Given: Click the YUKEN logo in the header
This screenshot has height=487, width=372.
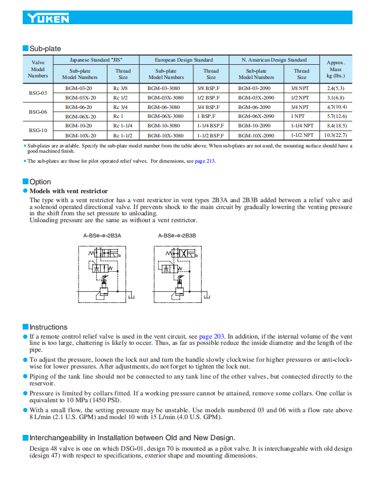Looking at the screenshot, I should [x=48, y=18].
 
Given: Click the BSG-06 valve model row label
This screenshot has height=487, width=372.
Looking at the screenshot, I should [x=37, y=112].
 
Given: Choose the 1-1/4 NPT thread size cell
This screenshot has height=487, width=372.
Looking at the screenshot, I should [x=301, y=126].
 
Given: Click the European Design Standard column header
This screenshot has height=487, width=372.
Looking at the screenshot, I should [x=183, y=60].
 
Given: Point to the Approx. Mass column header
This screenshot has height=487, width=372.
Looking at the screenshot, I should [x=336, y=69].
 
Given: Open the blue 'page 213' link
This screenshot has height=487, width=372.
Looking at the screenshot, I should [x=205, y=161].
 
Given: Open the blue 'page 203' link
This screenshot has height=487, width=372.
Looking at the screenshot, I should [x=211, y=336].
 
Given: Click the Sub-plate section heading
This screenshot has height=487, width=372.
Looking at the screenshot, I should [x=45, y=49].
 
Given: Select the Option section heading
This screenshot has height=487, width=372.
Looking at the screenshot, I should [x=40, y=182].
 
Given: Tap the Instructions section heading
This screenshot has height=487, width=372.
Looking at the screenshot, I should [x=48, y=327].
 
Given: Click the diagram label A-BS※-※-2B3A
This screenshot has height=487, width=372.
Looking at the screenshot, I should [x=102, y=235].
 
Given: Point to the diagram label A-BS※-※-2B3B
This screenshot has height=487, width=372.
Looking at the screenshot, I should [x=177, y=235].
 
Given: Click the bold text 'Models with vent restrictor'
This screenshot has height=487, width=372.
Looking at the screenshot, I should [x=68, y=191].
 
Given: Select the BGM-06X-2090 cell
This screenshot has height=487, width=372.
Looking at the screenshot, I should [x=256, y=116].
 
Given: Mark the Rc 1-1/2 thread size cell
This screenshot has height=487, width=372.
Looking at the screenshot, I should [x=122, y=135].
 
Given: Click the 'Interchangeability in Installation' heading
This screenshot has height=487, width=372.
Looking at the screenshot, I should [x=132, y=438].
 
